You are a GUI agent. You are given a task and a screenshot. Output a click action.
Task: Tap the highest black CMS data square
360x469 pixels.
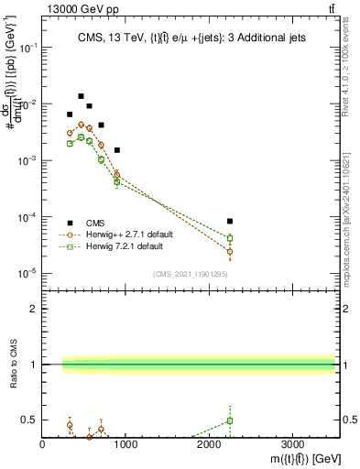[x=81, y=96]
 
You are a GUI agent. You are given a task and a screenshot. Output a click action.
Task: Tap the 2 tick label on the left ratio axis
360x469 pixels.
[x=34, y=309]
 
